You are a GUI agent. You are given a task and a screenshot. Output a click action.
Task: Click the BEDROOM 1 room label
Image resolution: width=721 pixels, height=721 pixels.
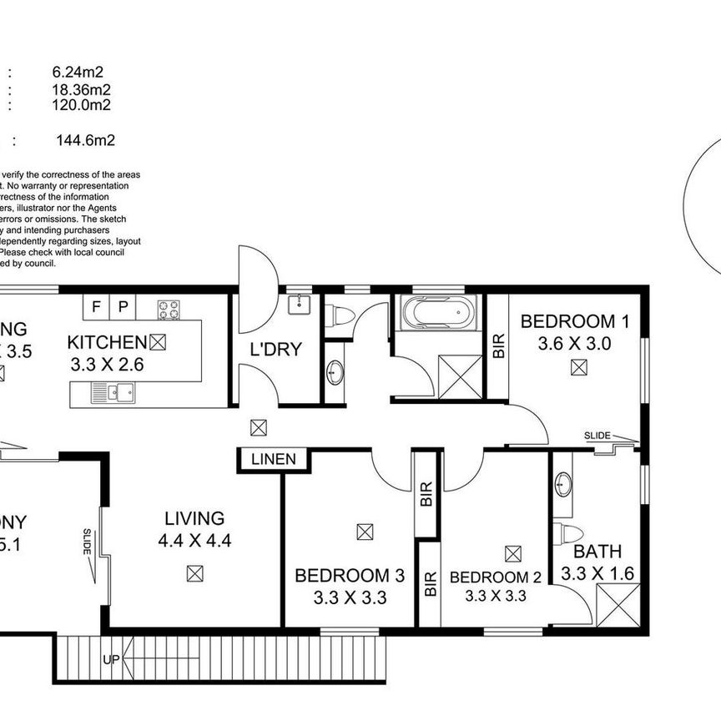[x=575, y=321]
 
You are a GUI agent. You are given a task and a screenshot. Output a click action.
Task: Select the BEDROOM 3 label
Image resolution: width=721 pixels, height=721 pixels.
[x=350, y=575]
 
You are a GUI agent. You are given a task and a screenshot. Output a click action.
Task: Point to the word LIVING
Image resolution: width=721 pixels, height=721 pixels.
[x=194, y=518]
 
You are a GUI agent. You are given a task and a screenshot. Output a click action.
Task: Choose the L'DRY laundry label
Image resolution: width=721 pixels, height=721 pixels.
[x=276, y=350]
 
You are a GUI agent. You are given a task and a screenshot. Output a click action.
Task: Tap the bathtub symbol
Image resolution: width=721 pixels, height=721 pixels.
[x=436, y=315]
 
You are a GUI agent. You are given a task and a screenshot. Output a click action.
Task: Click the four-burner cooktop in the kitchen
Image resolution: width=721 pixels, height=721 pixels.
[x=169, y=309]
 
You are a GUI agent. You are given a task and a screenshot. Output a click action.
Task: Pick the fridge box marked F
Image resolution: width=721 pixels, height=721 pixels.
[x=96, y=306]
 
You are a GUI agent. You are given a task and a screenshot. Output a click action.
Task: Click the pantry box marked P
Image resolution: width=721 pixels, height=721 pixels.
[x=123, y=306]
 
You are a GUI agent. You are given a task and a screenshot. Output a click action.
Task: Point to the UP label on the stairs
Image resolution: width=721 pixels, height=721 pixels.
[x=109, y=660]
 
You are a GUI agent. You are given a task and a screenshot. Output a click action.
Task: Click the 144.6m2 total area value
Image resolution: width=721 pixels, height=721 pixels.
[x=84, y=140]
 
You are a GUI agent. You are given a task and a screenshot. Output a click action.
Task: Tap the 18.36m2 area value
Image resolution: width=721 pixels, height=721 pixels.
[x=81, y=89]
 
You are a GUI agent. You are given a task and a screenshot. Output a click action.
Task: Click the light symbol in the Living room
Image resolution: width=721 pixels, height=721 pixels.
[x=194, y=573]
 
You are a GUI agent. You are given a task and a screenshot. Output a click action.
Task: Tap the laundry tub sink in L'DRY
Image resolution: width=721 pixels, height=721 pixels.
[x=298, y=305]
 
